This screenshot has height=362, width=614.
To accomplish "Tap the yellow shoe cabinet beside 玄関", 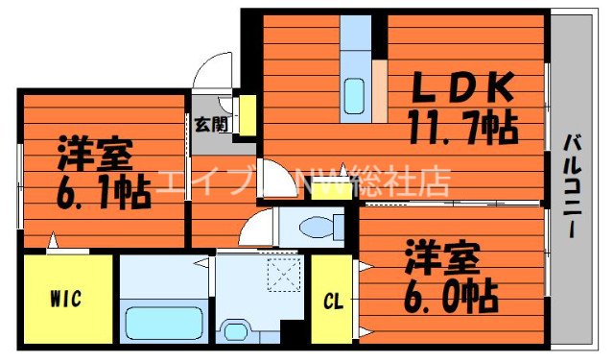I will pyautogui.click(x=247, y=115).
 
